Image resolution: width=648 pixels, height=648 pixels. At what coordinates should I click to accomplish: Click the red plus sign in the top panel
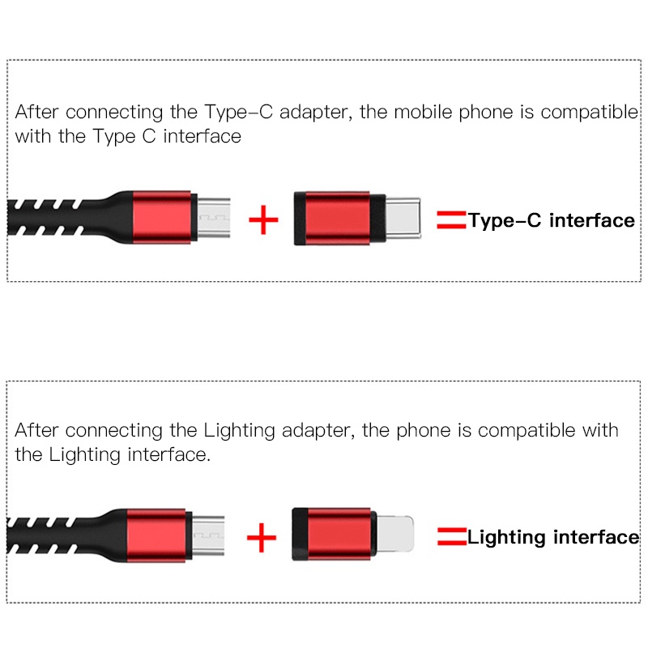[263, 220]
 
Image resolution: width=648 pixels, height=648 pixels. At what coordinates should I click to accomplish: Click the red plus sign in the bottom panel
[261, 537]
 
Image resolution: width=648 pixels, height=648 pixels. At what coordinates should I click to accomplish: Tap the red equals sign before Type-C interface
[451, 220]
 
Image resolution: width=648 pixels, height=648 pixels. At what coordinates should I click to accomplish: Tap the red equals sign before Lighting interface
[451, 537]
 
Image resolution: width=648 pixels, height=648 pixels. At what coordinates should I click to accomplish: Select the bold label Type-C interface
[551, 220]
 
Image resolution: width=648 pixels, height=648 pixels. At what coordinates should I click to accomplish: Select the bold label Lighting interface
[553, 537]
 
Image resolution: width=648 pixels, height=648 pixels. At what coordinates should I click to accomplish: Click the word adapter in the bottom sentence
[312, 430]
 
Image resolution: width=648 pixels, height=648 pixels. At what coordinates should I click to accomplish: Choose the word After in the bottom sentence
[36, 430]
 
